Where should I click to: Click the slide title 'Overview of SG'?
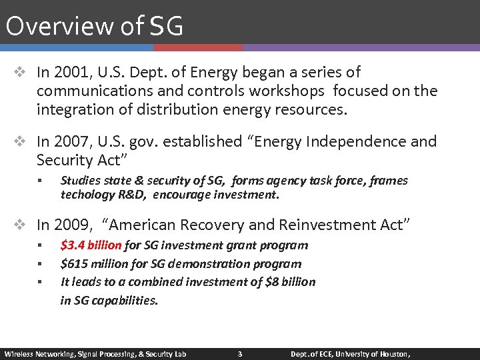tap(94, 25)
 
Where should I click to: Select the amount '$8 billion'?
tap(290, 281)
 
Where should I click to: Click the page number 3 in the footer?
tap(240, 353)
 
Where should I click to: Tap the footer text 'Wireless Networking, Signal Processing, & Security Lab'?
tap(95, 353)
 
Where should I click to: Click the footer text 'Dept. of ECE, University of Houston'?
tap(349, 353)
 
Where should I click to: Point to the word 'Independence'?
tap(364, 141)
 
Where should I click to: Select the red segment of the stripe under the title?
tap(197, 48)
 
